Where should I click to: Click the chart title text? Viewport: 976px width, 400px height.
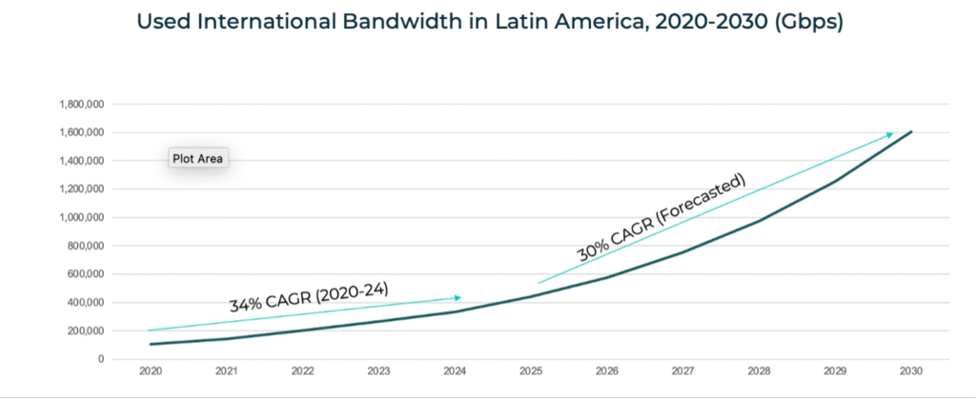(x=488, y=24)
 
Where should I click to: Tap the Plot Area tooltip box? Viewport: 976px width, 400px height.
(x=197, y=159)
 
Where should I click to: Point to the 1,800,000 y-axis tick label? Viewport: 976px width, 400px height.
(x=81, y=104)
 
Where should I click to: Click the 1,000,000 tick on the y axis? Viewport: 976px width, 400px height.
(x=81, y=217)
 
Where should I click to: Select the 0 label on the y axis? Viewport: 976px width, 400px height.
(x=100, y=359)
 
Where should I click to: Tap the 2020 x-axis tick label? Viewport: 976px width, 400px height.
(x=150, y=371)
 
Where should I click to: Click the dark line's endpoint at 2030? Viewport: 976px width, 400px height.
(x=911, y=132)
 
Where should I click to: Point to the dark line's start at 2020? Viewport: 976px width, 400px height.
(x=150, y=344)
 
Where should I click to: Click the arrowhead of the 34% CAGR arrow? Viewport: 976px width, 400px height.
(x=457, y=298)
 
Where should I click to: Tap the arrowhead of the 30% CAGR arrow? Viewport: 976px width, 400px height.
(x=889, y=134)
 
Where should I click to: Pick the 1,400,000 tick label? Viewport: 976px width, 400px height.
(x=81, y=161)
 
